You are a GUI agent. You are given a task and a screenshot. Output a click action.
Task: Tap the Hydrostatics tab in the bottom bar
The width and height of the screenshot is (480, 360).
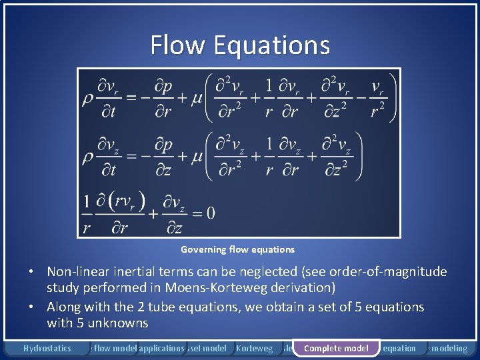point(47,348)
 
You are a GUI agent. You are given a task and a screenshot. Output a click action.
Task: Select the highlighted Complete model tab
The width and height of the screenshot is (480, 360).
point(336,348)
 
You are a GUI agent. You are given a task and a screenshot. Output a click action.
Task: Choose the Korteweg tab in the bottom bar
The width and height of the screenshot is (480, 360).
point(255,348)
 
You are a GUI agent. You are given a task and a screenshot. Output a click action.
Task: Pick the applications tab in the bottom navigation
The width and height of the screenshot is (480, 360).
point(161,348)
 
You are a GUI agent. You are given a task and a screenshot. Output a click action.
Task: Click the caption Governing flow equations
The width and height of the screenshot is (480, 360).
point(237,249)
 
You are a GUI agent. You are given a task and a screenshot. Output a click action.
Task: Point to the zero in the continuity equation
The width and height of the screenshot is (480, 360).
point(210,213)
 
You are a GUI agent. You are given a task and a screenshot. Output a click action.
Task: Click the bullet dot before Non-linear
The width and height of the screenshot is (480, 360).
point(31,273)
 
